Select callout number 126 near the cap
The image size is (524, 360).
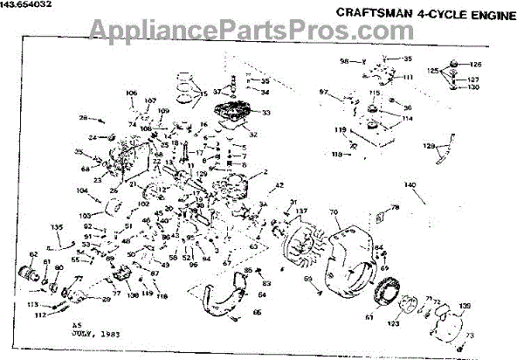pyautogui.click(x=475, y=65)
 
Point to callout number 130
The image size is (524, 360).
pyautogui.click(x=474, y=88)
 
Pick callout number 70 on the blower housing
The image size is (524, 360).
pyautogui.click(x=334, y=212)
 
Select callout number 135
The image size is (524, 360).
pyautogui.click(x=57, y=226)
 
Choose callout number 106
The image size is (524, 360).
pyautogui.click(x=132, y=93)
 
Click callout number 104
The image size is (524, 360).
pyautogui.click(x=82, y=190)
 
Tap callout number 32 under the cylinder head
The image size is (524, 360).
pyautogui.click(x=252, y=135)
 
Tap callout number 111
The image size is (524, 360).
pyautogui.click(x=407, y=78)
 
